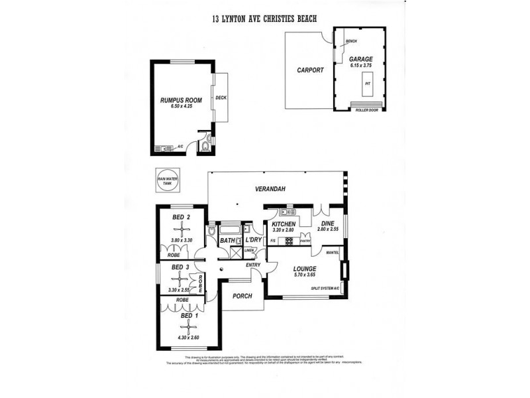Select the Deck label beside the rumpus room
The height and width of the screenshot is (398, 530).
pos(221,98)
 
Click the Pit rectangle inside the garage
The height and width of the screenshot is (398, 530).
pos(366,84)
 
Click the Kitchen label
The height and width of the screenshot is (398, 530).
pos(283,224)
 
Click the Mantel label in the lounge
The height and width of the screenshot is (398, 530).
pos(333,253)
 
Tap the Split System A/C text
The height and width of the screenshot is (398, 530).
pos(324,289)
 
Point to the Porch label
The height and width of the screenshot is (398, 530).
pos(243,296)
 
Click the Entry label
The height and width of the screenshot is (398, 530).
pos(253,265)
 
